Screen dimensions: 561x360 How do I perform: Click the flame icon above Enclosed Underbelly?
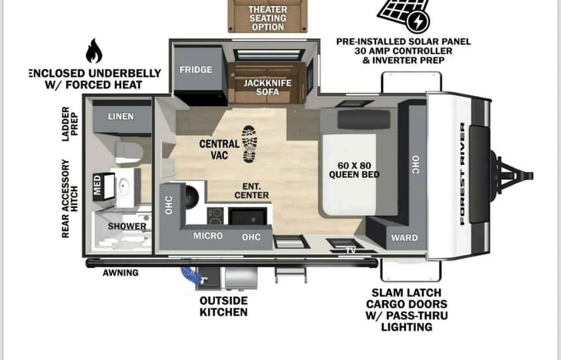pos(94,51)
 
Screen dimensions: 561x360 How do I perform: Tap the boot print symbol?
pos(249,144)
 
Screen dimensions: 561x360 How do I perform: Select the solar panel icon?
pos(404,15)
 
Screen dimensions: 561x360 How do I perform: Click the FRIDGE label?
pos(196,69)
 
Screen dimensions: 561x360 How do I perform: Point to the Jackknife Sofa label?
pos(268,88)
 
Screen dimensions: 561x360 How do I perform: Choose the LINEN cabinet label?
pos(121,117)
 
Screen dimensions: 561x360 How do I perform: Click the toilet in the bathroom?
pos(128,152)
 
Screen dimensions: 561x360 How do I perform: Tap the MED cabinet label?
pos(97,185)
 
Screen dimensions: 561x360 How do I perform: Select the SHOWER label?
pos(127,226)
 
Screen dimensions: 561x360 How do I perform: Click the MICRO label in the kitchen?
pos(208,236)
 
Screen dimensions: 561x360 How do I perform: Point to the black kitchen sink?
pos(248,216)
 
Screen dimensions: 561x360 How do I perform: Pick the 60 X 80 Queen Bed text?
pos(355,170)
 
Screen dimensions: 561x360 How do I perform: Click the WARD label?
pos(404,238)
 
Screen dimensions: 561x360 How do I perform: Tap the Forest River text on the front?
pos(462,174)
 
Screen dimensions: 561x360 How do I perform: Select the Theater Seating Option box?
pos(268,16)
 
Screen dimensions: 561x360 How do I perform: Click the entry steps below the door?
pos(291,275)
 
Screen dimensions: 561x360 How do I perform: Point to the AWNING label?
pos(120,272)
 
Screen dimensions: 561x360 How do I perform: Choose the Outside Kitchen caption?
pos(223,306)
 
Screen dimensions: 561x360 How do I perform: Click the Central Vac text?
pos(219,149)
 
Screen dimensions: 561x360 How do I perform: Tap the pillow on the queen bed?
pos(364,120)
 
